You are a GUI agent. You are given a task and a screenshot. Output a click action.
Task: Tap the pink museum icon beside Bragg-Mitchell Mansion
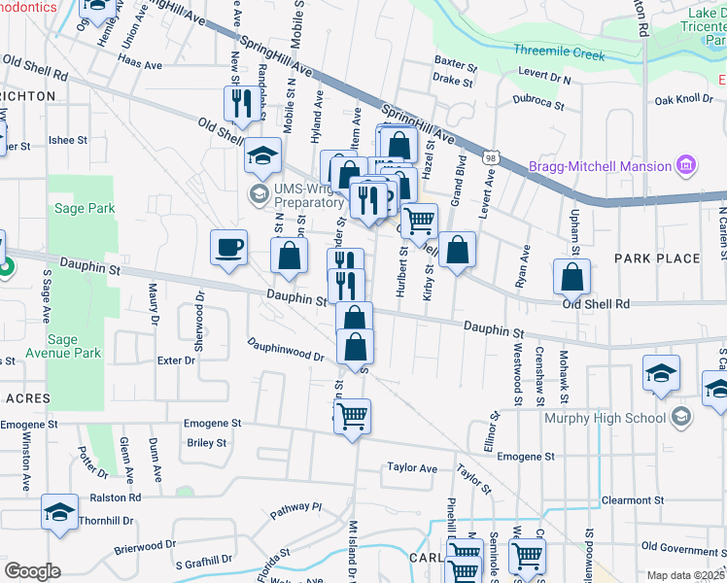pos(687,165)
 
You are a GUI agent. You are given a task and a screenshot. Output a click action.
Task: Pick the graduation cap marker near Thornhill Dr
pos(59,512)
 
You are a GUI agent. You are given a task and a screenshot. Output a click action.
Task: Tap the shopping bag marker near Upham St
pos(571,277)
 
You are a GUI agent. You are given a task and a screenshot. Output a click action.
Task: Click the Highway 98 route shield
pos(494,156)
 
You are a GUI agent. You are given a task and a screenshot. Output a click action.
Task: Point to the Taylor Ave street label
pos(412,468)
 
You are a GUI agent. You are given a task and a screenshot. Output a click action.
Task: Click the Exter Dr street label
pos(176,360)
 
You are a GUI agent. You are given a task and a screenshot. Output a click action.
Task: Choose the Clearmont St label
pos(632,500)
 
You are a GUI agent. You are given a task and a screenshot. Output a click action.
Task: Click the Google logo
pos(32,570)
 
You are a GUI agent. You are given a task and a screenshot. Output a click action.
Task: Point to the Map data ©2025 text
pos(686,575)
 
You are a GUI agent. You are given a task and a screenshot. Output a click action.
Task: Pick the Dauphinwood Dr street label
pos(284,349)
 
